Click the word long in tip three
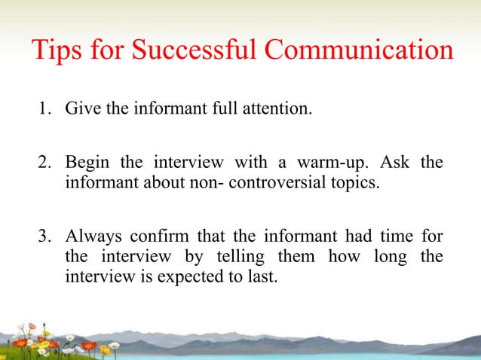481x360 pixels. (x=387, y=257)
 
